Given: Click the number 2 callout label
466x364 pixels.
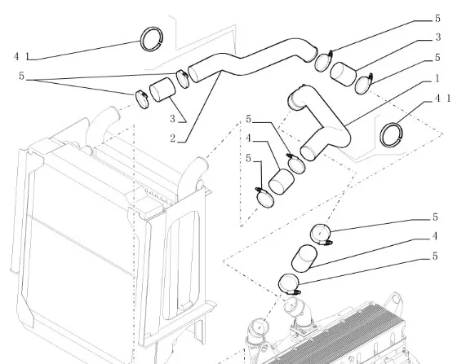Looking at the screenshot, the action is (173, 138).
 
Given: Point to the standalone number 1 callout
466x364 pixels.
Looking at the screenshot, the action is (437, 79).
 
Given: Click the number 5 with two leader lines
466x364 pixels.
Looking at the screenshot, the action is (21, 76).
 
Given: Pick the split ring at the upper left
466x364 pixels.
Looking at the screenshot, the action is (152, 39).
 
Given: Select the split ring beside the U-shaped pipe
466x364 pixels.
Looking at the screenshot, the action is (392, 135).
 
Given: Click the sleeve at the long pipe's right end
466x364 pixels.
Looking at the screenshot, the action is (343, 74).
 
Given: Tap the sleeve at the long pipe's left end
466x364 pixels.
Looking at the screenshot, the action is (162, 90).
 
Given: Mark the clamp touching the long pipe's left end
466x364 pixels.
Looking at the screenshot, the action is (182, 78).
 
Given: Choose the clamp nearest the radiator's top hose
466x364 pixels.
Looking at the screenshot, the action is (142, 99).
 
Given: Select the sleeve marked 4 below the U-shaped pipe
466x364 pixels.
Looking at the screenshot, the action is (281, 182).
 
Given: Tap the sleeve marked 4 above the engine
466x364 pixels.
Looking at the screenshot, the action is (304, 258).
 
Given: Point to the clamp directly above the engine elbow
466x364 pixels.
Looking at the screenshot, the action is (289, 283).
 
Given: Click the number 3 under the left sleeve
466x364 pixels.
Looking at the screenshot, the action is (173, 119).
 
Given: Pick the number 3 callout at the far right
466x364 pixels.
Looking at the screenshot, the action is (437, 37).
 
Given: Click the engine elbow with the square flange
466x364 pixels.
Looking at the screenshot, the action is (299, 316).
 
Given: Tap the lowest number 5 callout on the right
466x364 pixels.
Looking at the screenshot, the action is (435, 256).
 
